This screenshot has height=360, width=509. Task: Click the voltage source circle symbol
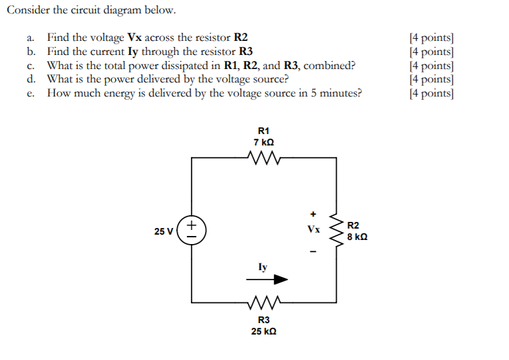(x=192, y=229)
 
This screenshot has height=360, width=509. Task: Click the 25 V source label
(x=163, y=231)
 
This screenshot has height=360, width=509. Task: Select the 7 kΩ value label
(x=263, y=142)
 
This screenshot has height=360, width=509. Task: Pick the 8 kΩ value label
(x=357, y=237)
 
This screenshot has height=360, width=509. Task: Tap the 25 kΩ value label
(x=263, y=331)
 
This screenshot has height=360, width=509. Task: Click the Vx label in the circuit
(x=313, y=229)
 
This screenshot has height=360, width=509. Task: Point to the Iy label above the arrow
(x=263, y=267)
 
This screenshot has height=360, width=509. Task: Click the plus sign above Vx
(x=312, y=215)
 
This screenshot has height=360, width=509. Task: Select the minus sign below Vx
(x=312, y=252)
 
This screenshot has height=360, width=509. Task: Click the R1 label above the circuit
(x=263, y=131)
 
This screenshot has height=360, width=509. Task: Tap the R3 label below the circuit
(x=263, y=320)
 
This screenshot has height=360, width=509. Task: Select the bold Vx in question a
(x=135, y=38)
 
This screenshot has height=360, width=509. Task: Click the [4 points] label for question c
(x=431, y=65)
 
